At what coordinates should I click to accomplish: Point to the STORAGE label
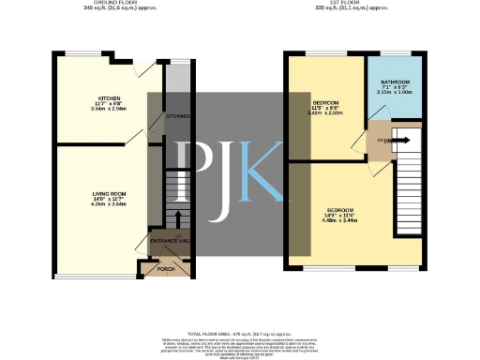(x=177, y=115)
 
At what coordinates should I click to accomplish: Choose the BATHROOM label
(x=394, y=82)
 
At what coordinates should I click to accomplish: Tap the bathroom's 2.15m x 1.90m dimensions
(x=394, y=93)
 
